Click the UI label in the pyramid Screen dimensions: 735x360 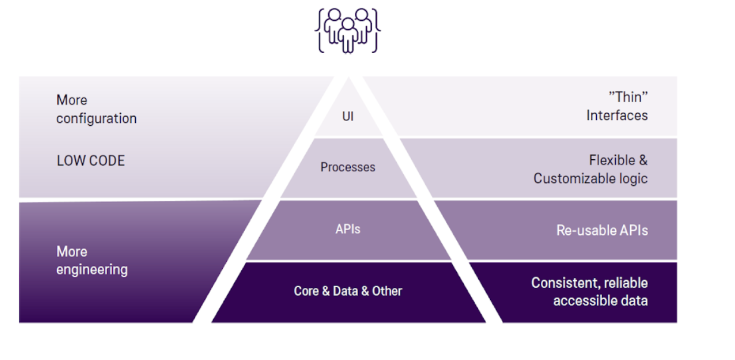(348, 116)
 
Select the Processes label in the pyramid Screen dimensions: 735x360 (348, 167)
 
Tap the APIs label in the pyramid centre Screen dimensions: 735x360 (348, 229)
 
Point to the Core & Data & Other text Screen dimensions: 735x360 (348, 291)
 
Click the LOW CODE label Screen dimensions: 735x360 (91, 160)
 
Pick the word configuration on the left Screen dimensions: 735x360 (96, 119)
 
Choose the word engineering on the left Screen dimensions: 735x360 (92, 270)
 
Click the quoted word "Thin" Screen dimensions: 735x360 (628, 97)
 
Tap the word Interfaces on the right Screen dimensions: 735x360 (617, 115)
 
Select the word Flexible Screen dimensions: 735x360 (612, 160)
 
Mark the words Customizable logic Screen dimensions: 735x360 (590, 179)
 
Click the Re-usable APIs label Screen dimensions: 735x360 (602, 230)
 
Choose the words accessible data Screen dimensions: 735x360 (600, 301)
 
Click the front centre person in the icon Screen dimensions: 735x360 (348, 36)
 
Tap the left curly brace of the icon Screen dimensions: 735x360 (320, 30)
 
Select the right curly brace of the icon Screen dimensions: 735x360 (376, 30)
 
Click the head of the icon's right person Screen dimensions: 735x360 (362, 15)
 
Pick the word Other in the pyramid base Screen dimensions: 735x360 (387, 291)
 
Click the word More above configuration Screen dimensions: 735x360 (72, 100)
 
